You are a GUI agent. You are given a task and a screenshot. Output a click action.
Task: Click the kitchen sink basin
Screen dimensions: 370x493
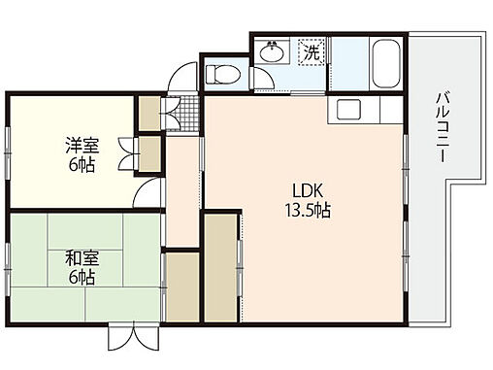[348, 109]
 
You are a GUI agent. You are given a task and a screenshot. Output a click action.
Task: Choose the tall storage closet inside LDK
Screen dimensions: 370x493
[222, 265]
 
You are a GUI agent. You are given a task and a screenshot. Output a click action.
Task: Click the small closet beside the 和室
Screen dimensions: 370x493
[181, 286]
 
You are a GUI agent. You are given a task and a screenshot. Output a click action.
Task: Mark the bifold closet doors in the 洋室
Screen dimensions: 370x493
[125, 152]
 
